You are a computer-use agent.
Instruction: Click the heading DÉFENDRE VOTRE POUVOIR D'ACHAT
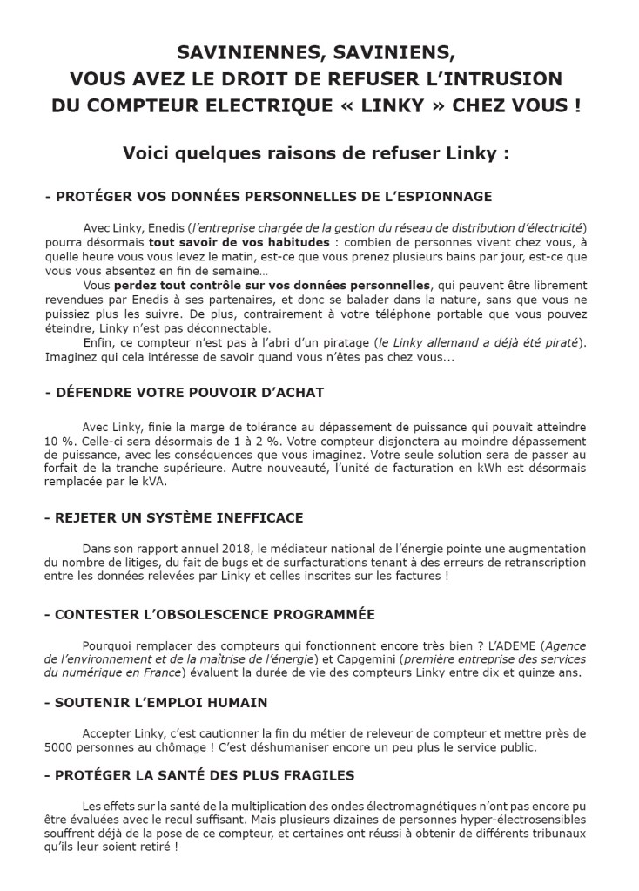pos(184,393)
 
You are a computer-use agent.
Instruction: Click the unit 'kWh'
pos(489,469)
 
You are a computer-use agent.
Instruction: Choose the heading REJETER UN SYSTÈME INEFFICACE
pos(173,518)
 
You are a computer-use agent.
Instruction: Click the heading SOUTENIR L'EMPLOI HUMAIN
pos(161,702)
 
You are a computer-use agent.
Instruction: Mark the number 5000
pos(59,747)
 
